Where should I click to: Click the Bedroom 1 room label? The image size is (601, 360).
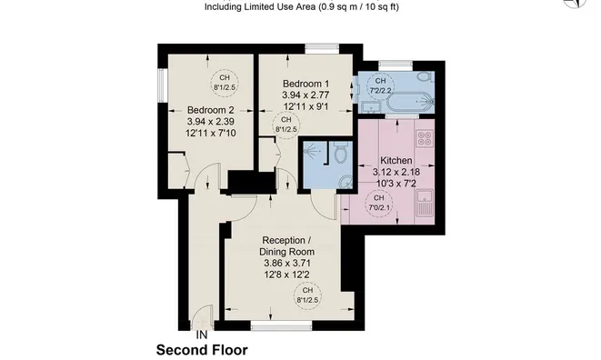(x=306, y=84)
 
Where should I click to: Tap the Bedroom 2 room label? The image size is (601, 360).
(x=210, y=110)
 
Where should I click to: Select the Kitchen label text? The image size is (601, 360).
(x=396, y=161)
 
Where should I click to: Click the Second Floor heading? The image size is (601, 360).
(x=202, y=350)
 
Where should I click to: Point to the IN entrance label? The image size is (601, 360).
(x=202, y=335)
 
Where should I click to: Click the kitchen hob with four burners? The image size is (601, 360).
(x=425, y=138)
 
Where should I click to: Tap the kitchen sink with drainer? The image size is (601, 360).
(x=425, y=202)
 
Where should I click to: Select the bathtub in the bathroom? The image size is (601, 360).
(x=410, y=102)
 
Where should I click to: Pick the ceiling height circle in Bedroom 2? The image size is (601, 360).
(x=225, y=83)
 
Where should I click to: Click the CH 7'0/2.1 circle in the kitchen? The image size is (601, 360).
(x=378, y=203)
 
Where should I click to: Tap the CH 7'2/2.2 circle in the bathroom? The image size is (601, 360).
(x=380, y=85)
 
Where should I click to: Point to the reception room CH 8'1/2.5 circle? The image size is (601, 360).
(x=307, y=295)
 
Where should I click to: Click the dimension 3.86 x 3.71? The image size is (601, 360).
(x=286, y=264)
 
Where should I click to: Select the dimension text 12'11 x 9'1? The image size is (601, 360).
(x=306, y=106)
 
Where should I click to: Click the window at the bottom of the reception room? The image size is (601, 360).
(x=281, y=325)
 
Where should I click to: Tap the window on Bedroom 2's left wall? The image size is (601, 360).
(x=162, y=85)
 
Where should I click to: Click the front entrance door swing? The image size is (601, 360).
(x=202, y=316)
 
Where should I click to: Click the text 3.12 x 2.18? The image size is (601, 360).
(x=396, y=172)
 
